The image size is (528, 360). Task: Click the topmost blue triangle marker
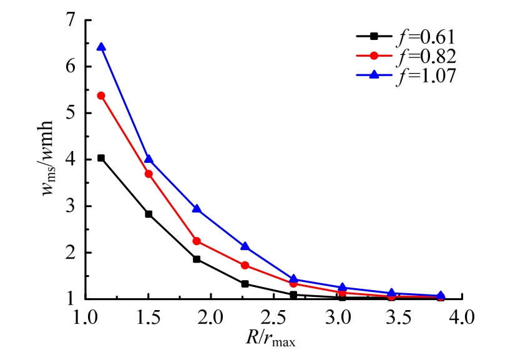click(101, 47)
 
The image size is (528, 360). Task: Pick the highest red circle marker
click(101, 95)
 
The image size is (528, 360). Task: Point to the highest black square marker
click(101, 158)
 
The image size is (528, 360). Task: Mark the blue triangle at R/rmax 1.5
click(149, 159)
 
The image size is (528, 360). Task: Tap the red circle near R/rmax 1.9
click(197, 241)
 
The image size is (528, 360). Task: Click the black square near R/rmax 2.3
click(245, 284)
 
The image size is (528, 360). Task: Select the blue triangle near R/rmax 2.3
click(245, 246)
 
